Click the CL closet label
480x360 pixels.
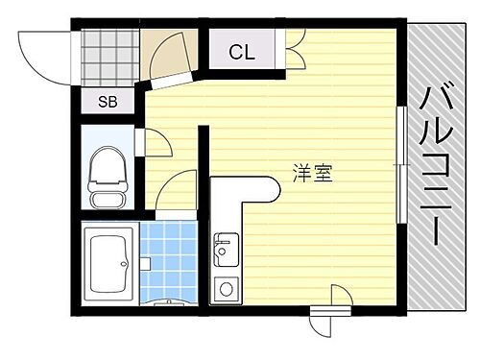tap(242, 52)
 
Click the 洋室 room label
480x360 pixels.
tap(313, 174)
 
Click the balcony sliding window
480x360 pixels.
tap(400, 154)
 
